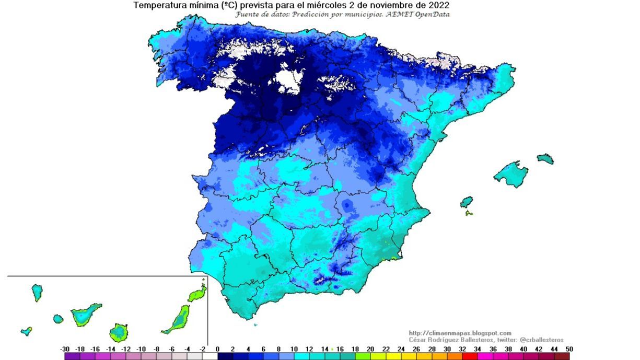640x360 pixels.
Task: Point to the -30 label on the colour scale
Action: click(x=65, y=349)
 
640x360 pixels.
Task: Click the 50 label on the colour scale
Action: click(x=569, y=349)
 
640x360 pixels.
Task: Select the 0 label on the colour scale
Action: click(x=217, y=349)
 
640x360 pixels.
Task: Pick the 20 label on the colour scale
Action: click(x=370, y=349)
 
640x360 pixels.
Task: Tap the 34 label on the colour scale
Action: click(x=476, y=349)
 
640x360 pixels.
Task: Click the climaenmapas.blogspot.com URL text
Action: click(x=460, y=333)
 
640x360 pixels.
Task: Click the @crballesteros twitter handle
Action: click(x=542, y=340)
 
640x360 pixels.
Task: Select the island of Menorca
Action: click(x=545, y=158)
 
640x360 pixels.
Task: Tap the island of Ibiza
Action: click(x=466, y=202)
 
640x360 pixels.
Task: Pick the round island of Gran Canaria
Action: click(x=119, y=332)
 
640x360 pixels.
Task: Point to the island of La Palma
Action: click(x=37, y=292)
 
